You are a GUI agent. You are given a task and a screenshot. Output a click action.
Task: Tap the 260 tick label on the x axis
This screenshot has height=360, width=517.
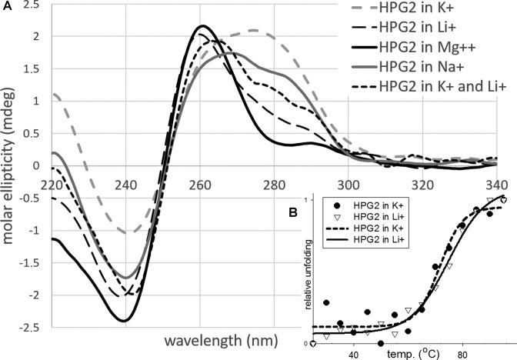(201, 187)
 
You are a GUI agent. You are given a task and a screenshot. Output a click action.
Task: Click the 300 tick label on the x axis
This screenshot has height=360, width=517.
(349, 187)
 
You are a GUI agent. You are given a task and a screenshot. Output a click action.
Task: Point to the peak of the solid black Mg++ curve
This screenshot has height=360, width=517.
(201, 26)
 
